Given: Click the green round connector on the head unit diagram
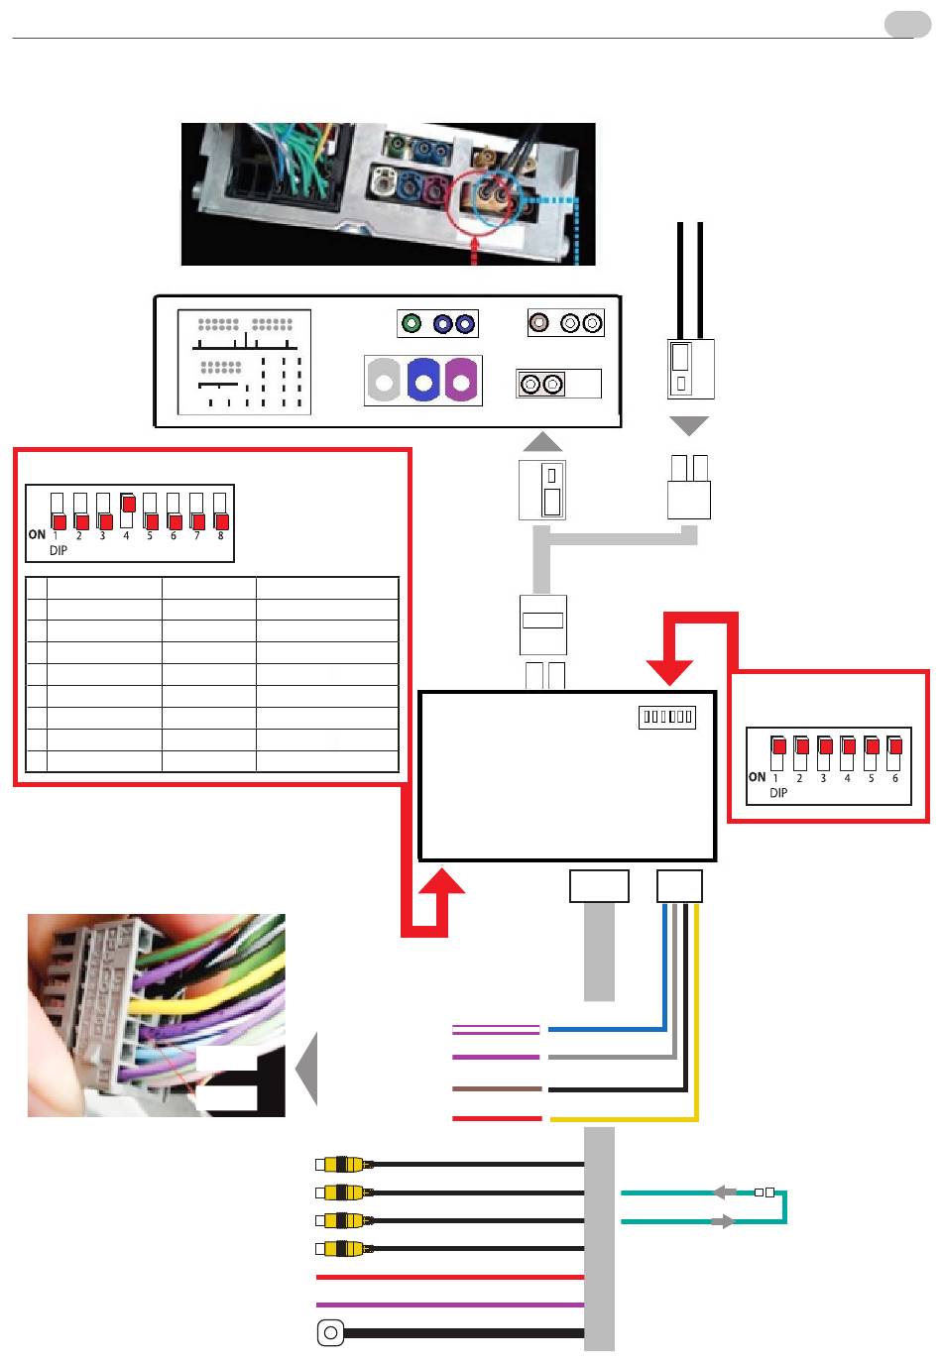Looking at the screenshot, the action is [412, 322].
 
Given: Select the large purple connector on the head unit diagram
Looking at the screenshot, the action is [460, 380].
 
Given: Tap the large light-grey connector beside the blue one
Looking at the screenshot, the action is [384, 380].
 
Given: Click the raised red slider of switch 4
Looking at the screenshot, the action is [128, 504].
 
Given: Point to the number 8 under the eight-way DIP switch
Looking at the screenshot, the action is [220, 535].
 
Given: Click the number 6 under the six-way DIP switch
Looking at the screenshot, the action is [894, 778].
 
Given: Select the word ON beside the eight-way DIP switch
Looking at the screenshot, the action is [37, 534].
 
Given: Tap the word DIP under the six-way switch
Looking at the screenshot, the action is [777, 793].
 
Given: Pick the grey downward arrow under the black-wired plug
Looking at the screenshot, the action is [689, 425].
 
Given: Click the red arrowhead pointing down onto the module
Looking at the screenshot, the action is [669, 672].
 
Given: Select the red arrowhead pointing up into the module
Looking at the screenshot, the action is [442, 880].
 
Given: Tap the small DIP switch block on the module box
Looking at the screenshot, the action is [666, 717].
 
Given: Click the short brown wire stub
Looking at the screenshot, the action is [497, 1089].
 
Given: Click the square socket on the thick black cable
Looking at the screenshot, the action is [330, 1333].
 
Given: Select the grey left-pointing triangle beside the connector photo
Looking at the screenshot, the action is [306, 1069].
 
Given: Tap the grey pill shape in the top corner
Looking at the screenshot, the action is [907, 25].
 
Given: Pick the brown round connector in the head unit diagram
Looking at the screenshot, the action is [538, 322].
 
